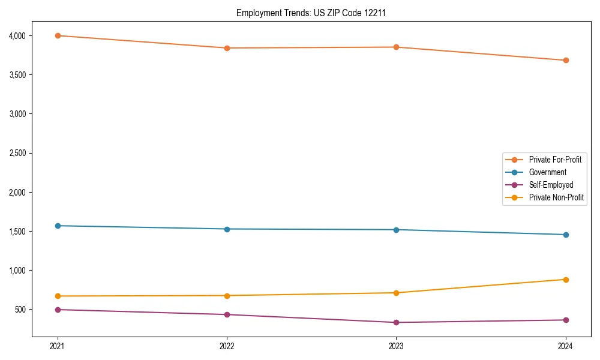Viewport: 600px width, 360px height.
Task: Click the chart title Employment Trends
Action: [299, 13]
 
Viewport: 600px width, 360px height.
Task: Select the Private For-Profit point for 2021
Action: [58, 35]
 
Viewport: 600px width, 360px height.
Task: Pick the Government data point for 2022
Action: [227, 229]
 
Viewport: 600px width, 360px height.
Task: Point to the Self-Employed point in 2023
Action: [396, 322]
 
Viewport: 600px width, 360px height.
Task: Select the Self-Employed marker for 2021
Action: [58, 310]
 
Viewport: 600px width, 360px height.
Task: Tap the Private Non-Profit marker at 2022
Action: [227, 295]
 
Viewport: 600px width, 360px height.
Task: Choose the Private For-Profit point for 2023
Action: [396, 47]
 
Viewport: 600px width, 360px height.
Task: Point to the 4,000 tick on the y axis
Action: [17, 36]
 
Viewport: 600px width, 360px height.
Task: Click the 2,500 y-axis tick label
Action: [17, 153]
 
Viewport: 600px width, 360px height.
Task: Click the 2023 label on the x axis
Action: [396, 346]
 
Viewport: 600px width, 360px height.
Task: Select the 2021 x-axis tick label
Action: [58, 346]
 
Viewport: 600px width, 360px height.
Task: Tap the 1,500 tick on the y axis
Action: [17, 232]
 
